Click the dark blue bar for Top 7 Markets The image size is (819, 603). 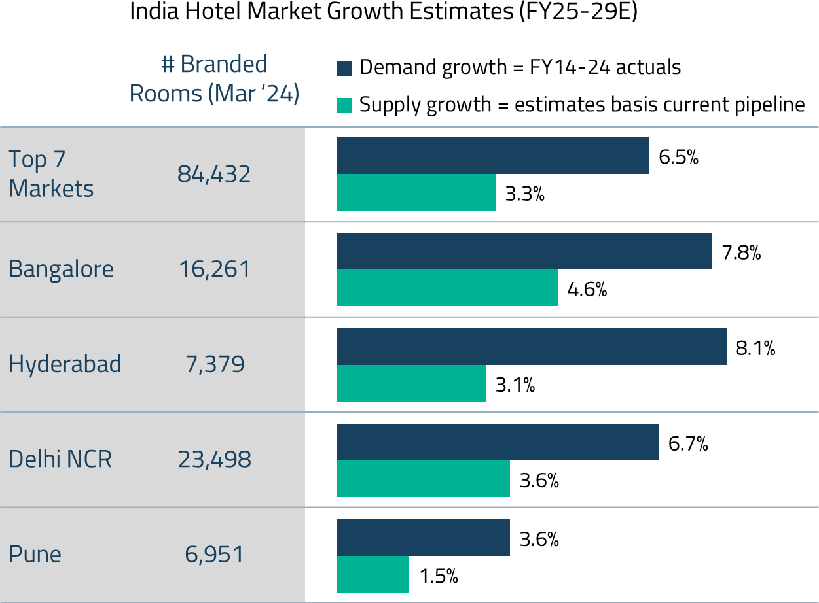pyautogui.click(x=493, y=156)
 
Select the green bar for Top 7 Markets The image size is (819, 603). pyautogui.click(x=416, y=192)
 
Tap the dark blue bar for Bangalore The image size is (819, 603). pyautogui.click(x=524, y=251)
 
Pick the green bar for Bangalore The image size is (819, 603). pyautogui.click(x=448, y=288)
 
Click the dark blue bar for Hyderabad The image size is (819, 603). pyautogui.click(x=532, y=347)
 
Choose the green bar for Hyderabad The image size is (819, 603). pyautogui.click(x=412, y=383)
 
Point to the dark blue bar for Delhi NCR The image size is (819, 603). pyautogui.click(x=498, y=442)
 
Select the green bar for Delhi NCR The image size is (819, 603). pyautogui.click(x=424, y=479)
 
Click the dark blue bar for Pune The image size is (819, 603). pyautogui.click(x=424, y=538)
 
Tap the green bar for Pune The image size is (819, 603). pyautogui.click(x=373, y=574)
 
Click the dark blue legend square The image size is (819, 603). pyautogui.click(x=345, y=68)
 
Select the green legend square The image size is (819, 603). pyautogui.click(x=345, y=105)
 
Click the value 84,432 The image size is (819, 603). pyautogui.click(x=214, y=174)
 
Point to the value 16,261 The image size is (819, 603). pyautogui.click(x=215, y=269)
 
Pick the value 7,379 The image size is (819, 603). pyautogui.click(x=215, y=364)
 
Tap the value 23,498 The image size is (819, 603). pyautogui.click(x=215, y=459)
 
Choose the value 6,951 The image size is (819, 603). pyautogui.click(x=215, y=555)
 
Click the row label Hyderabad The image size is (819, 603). pyautogui.click(x=65, y=364)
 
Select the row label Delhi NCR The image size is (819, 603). pyautogui.click(x=60, y=459)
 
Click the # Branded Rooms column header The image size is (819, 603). pyautogui.click(x=214, y=79)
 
